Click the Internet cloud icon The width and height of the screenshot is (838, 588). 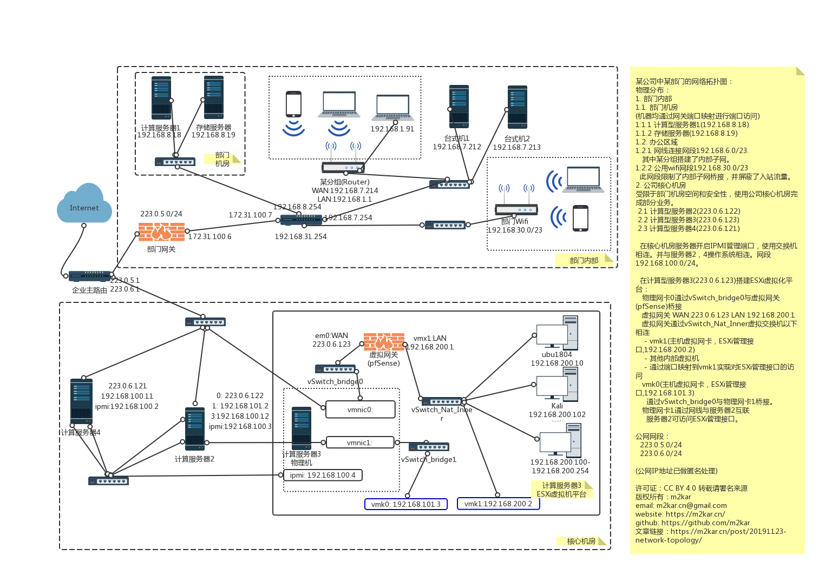[x=84, y=204]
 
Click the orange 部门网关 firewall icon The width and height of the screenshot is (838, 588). [x=161, y=232]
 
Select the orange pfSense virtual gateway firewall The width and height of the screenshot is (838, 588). [x=384, y=342]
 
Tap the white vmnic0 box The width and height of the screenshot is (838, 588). [x=361, y=409]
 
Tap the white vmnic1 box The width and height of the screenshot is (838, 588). [x=360, y=442]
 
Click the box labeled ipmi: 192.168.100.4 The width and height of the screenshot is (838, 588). [x=323, y=475]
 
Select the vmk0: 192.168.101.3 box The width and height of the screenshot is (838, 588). [x=406, y=504]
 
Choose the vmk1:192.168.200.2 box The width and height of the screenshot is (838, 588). [x=498, y=504]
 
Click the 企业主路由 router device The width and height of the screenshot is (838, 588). [x=90, y=276]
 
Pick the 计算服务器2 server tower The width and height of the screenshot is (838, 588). [x=195, y=430]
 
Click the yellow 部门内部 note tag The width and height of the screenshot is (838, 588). [x=584, y=260]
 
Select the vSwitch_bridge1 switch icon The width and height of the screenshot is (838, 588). [x=429, y=447]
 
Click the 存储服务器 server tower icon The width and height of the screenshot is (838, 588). [x=214, y=98]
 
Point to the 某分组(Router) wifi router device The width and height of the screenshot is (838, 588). [x=343, y=168]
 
